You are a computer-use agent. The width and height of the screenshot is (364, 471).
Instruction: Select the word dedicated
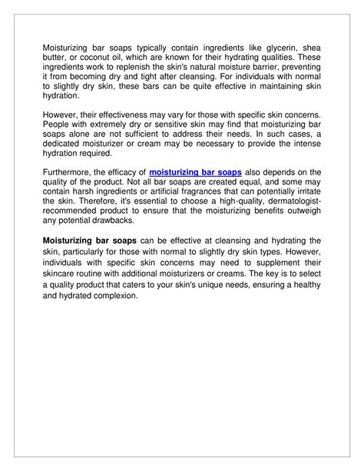tap(62, 145)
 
